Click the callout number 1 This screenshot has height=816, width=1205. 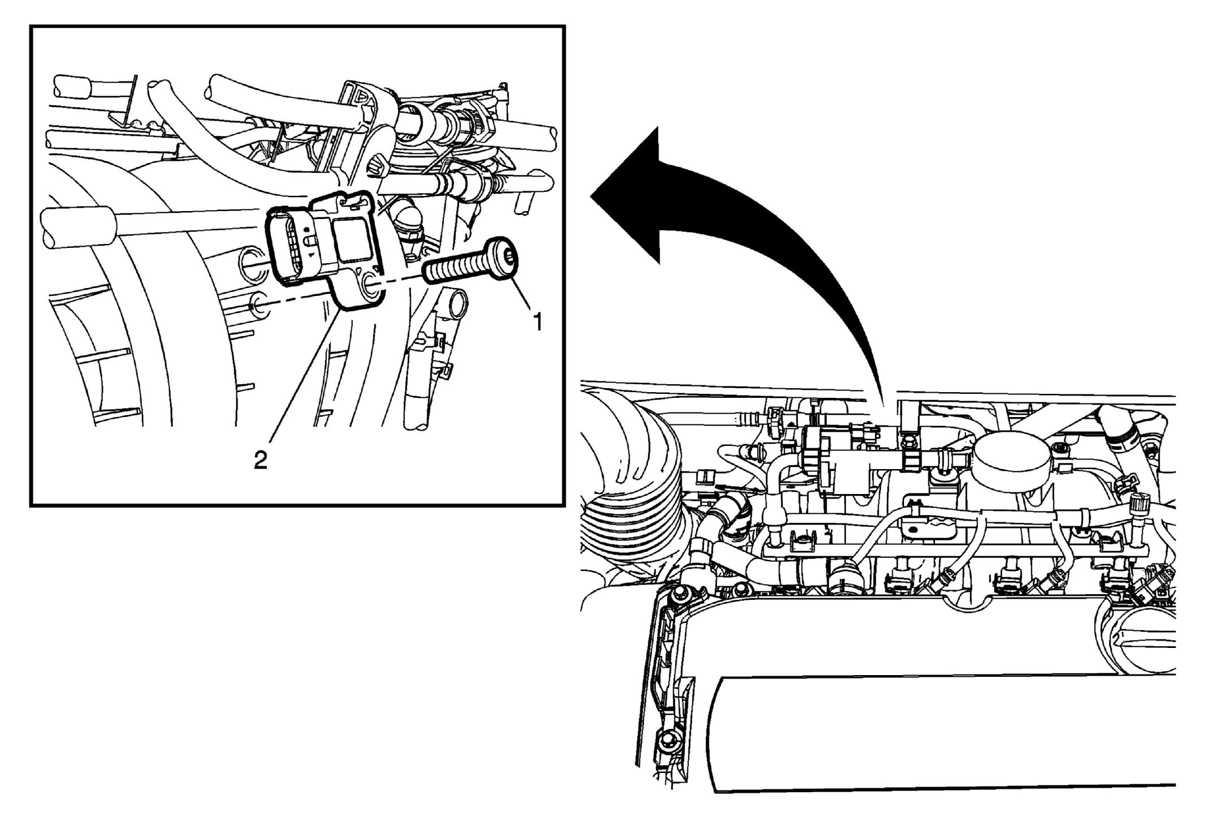click(538, 321)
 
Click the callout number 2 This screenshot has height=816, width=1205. click(260, 459)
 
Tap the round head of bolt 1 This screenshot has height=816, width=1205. click(503, 258)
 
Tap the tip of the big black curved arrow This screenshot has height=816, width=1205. click(592, 195)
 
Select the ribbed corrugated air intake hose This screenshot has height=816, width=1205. click(634, 487)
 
